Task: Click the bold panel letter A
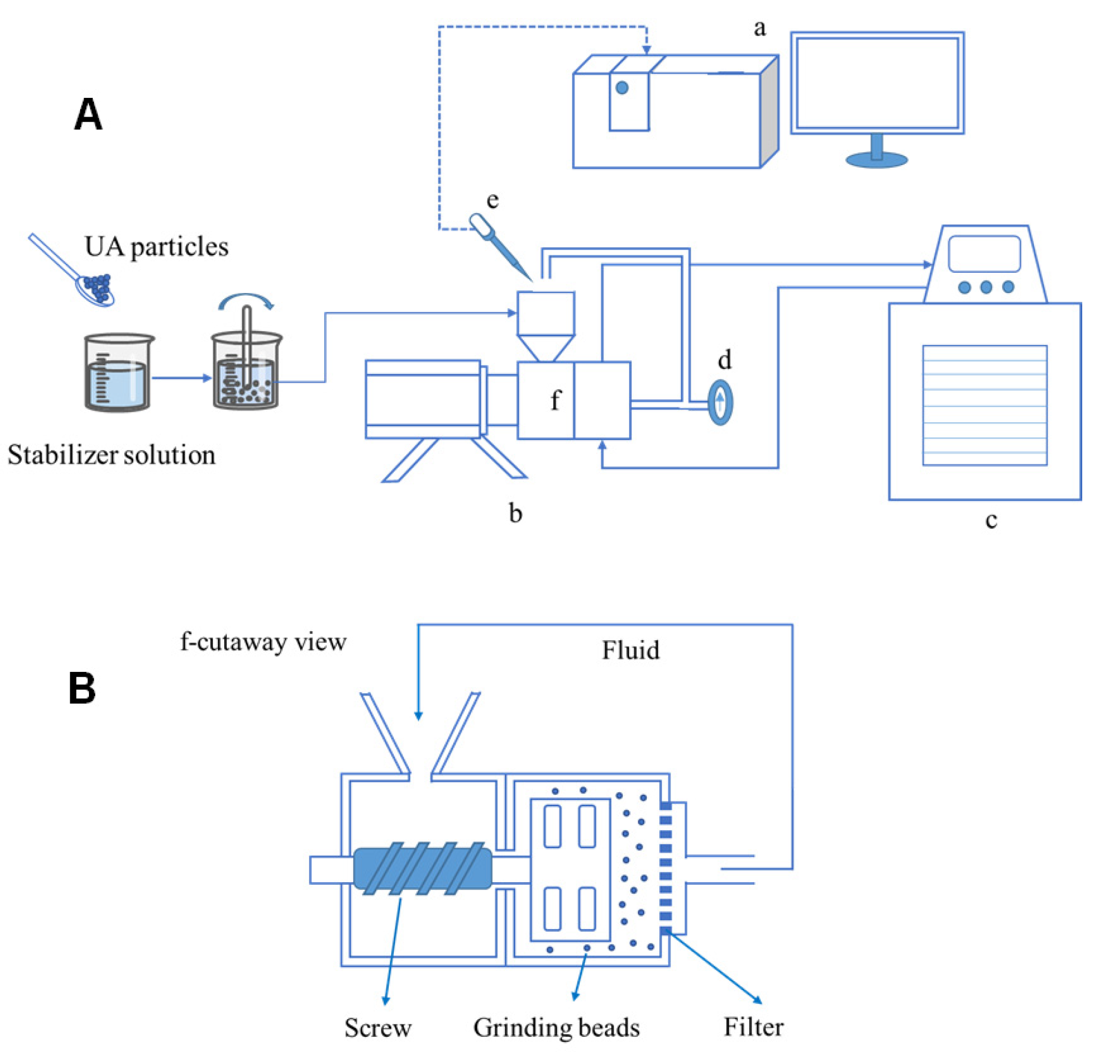click(x=88, y=115)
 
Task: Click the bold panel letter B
click(x=82, y=689)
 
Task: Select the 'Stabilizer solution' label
click(x=111, y=455)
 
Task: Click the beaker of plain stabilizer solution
click(x=119, y=372)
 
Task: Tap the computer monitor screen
click(x=878, y=83)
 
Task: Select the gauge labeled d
click(x=721, y=403)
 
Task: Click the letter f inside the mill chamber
click(x=556, y=400)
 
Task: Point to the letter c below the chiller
click(x=991, y=520)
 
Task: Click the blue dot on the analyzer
click(x=622, y=88)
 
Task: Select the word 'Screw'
click(x=378, y=1027)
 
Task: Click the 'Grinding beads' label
click(x=557, y=1027)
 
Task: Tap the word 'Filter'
click(x=753, y=1026)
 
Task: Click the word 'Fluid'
click(x=631, y=650)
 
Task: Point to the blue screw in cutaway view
click(x=423, y=868)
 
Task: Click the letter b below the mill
click(x=516, y=512)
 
